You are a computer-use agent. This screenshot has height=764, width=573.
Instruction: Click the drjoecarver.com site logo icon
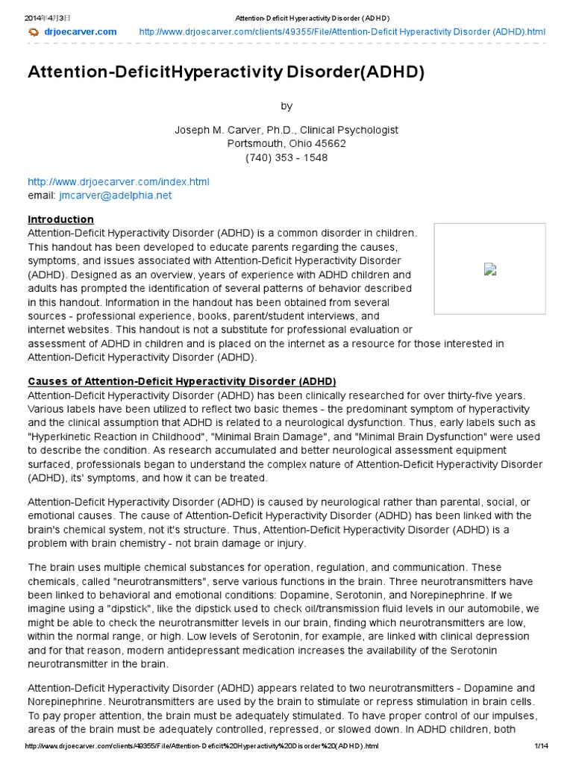(x=33, y=31)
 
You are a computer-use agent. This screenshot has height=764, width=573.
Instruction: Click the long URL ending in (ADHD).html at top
(x=342, y=31)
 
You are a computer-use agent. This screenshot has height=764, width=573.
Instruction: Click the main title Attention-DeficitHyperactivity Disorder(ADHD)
(x=225, y=72)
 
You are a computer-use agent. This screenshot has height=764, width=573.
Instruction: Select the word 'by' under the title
(x=286, y=106)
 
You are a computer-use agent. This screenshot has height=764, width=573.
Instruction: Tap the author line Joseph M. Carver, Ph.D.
(x=286, y=130)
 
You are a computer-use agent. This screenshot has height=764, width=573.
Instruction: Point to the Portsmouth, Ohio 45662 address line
(x=286, y=143)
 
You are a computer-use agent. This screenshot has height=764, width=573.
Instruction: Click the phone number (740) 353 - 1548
(x=286, y=157)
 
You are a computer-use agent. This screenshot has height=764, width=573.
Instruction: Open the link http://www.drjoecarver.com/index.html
(x=119, y=181)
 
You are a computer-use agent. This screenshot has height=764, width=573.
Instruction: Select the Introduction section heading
(x=60, y=219)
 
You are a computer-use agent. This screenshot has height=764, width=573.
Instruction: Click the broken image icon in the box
(x=489, y=269)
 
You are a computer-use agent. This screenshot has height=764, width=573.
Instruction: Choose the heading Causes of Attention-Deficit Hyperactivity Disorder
(x=182, y=381)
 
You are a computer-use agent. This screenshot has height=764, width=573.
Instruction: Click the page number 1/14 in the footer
(x=541, y=746)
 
